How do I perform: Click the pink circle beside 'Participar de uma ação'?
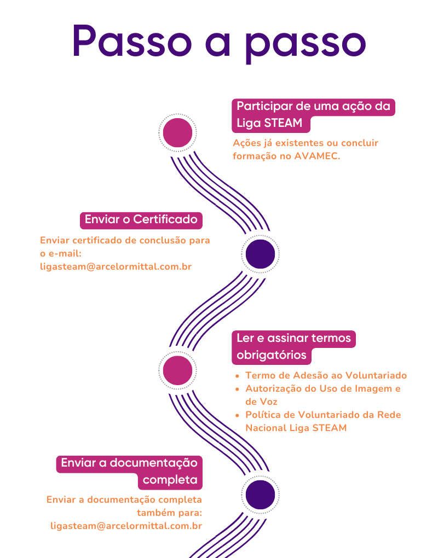[x=177, y=132]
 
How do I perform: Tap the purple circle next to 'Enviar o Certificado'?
[x=260, y=254]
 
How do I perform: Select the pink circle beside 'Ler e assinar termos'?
[x=177, y=370]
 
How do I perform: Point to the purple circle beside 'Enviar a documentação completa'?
[x=260, y=495]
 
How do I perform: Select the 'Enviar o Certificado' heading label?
[x=141, y=220]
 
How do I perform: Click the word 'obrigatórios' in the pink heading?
[x=272, y=355]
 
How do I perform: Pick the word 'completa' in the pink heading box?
[x=170, y=480]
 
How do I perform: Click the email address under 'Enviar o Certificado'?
[x=116, y=267]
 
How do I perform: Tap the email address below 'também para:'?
[x=126, y=526]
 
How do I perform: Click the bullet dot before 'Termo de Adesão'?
[x=237, y=376]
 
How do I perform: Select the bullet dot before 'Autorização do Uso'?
[x=237, y=389]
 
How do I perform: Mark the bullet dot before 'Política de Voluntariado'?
[x=237, y=415]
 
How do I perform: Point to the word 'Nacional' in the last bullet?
[x=266, y=428]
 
